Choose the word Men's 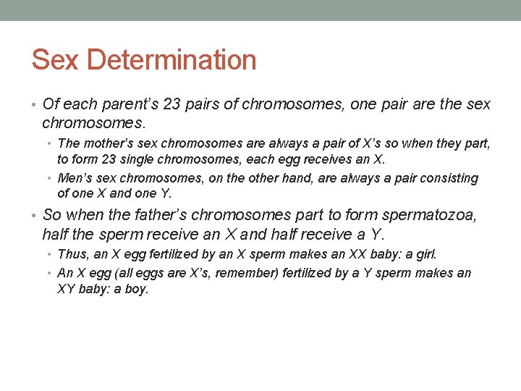pyautogui.click(x=75, y=178)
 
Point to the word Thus pyautogui.click(x=72, y=254)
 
